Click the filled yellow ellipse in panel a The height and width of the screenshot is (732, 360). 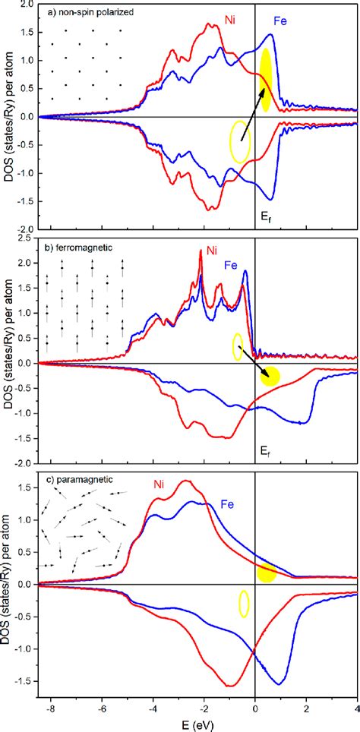pyautogui.click(x=266, y=80)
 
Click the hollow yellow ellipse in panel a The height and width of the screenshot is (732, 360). pyautogui.click(x=240, y=142)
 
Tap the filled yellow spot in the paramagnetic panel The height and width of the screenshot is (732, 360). pyautogui.click(x=266, y=573)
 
